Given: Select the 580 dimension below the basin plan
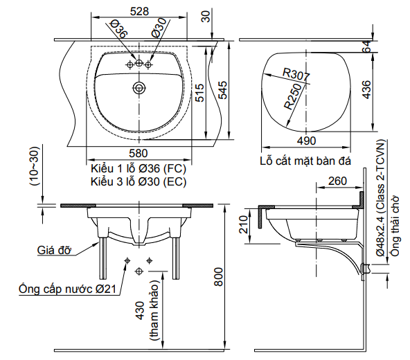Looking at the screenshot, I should (x=139, y=153).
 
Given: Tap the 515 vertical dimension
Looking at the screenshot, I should (x=199, y=93).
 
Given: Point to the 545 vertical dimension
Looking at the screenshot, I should (x=222, y=90).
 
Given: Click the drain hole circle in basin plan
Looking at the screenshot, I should (x=139, y=88).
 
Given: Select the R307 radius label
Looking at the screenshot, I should (x=296, y=73).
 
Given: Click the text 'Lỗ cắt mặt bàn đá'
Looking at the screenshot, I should (x=305, y=162).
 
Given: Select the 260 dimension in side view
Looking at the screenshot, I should (x=337, y=181).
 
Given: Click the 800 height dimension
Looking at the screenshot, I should (x=218, y=278).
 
